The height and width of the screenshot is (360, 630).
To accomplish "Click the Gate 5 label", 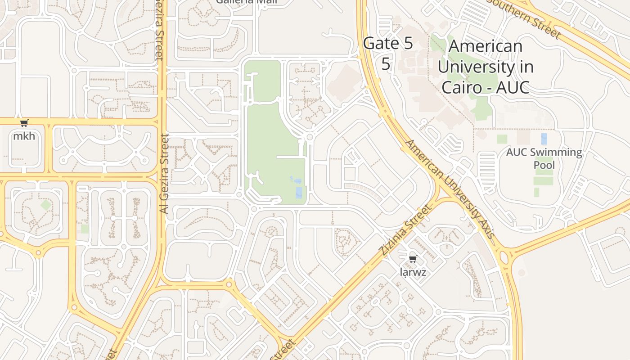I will pyautogui.click(x=387, y=44).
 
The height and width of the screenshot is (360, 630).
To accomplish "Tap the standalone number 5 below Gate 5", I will pyautogui.click(x=386, y=64).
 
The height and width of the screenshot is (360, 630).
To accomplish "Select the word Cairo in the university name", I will pyautogui.click(x=462, y=87).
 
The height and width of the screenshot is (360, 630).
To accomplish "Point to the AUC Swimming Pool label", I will pyautogui.click(x=544, y=158).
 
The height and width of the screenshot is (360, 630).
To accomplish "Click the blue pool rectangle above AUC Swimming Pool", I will pyautogui.click(x=544, y=139).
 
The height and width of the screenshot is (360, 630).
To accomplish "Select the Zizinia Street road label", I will pyautogui.click(x=405, y=230).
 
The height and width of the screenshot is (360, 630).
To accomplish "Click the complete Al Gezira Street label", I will pyautogui.click(x=164, y=173).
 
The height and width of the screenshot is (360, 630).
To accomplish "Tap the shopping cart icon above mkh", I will pyautogui.click(x=24, y=123).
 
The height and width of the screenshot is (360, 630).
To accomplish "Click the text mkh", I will pyautogui.click(x=24, y=136).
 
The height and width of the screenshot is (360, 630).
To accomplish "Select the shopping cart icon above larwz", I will pyautogui.click(x=413, y=259).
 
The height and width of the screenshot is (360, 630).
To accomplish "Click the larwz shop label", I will pyautogui.click(x=413, y=272).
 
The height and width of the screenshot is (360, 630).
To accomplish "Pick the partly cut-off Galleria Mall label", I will pyautogui.click(x=247, y=2).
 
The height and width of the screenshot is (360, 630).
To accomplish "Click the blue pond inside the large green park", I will pyautogui.click(x=299, y=192).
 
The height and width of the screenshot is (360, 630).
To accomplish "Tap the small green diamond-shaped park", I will pyautogui.click(x=45, y=205).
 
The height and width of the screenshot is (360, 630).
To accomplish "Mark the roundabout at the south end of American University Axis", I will pyautogui.click(x=504, y=258).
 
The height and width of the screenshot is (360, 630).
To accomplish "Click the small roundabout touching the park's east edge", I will pyautogui.click(x=310, y=136).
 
